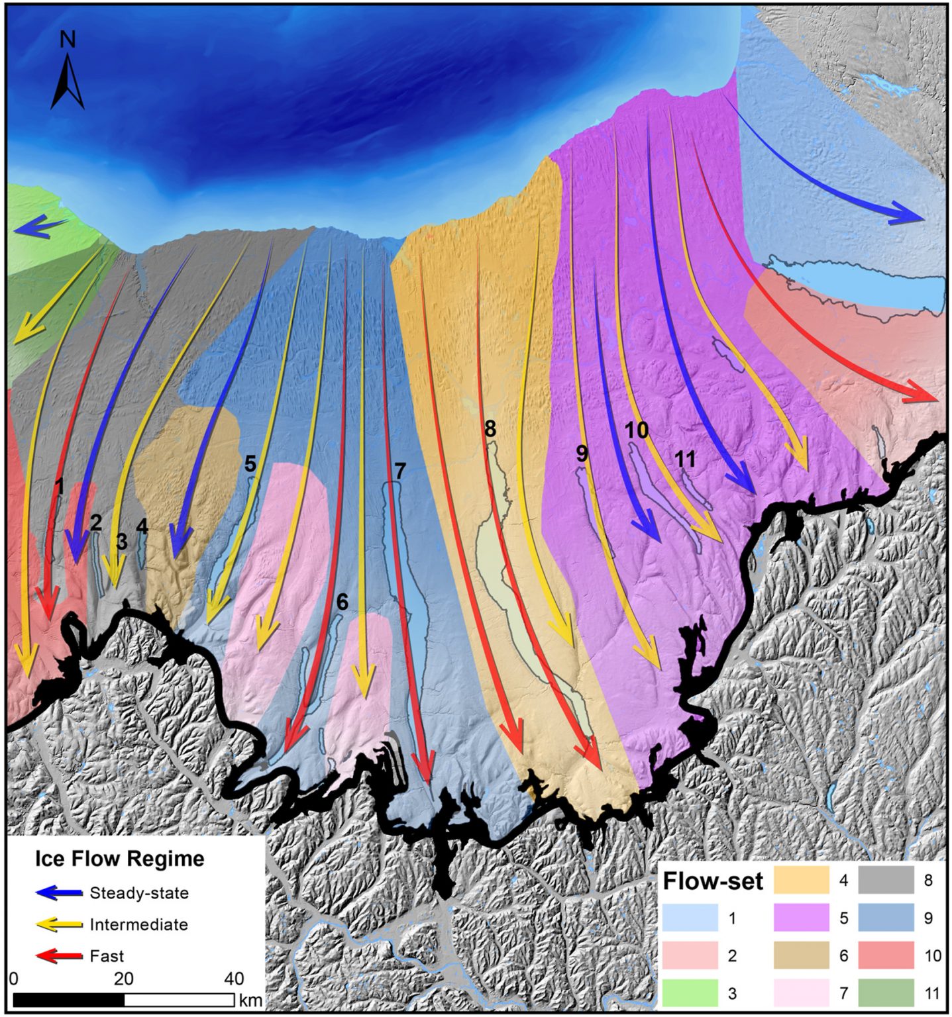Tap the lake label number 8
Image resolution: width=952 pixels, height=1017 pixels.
tap(490, 429)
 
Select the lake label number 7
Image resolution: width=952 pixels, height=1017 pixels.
tap(399, 471)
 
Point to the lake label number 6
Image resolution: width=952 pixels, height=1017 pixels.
tap(342, 601)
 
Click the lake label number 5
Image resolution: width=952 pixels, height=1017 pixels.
tap(250, 463)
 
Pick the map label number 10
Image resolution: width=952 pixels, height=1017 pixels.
tap(637, 430)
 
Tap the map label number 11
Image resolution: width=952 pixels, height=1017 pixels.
tap(685, 458)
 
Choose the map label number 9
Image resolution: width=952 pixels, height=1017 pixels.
tap(582, 454)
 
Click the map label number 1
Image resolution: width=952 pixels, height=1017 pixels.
tap(59, 487)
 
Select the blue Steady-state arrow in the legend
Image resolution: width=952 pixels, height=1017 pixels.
tap(59, 893)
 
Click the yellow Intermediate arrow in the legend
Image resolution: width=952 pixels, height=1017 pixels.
tap(59, 924)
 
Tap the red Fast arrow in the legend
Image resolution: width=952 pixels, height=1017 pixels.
tap(59, 956)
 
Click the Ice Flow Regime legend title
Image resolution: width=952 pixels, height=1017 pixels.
tap(119, 859)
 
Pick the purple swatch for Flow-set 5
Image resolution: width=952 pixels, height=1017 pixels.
tap(802, 918)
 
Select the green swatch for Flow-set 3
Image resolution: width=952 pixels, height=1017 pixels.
tap(690, 993)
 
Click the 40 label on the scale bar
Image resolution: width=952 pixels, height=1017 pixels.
tap(234, 978)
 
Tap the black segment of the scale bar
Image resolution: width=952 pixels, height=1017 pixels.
tap(68, 999)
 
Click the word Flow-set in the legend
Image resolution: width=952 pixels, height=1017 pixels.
tap(713, 881)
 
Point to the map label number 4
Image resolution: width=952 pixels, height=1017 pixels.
tap(142, 527)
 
